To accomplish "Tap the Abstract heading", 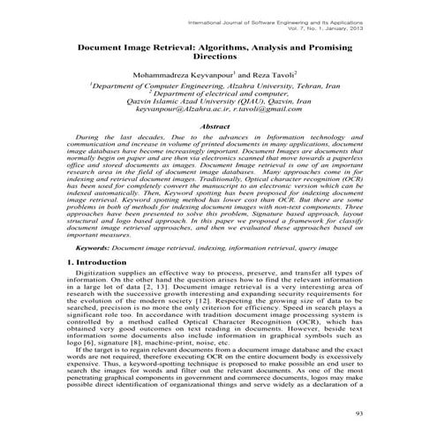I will coord(216,128).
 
